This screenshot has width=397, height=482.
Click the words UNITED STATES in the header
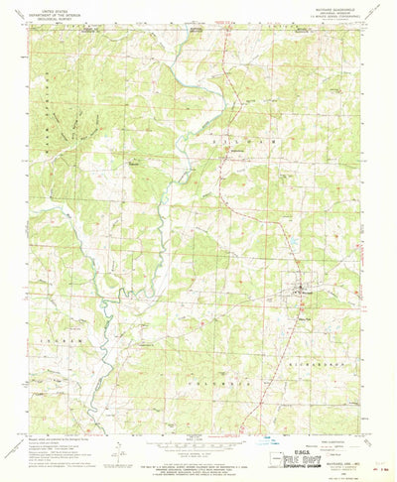(x=45, y=5)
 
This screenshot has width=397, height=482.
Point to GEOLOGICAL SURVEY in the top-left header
(x=45, y=15)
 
